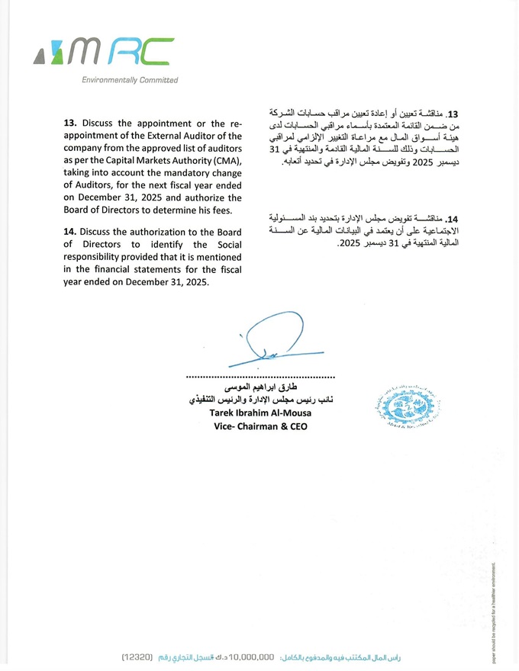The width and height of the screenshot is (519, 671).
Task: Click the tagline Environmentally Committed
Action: pos(130,80)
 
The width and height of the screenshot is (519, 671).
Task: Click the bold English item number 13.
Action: pos(70,123)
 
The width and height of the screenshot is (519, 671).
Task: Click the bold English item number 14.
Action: pos(70,230)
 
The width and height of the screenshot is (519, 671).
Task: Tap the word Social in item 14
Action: pos(227,245)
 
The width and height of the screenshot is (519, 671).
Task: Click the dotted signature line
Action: pos(260,377)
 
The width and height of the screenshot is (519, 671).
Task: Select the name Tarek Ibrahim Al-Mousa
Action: pos(260,414)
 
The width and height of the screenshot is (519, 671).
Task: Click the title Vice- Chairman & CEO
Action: pos(260,427)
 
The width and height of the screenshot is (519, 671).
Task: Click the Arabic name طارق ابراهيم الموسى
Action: pos(261,388)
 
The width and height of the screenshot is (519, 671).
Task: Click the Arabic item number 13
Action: pos(452,111)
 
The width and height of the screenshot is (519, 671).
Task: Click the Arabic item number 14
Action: pos(453,219)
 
